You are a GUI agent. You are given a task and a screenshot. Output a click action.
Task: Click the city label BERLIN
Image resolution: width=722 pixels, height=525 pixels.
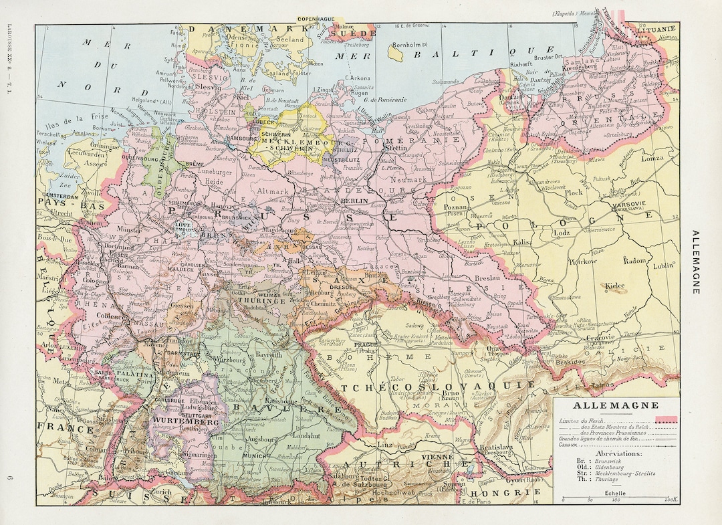click(x=350, y=201)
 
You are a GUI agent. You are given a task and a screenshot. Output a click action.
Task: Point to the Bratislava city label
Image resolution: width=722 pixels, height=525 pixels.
click(x=498, y=447)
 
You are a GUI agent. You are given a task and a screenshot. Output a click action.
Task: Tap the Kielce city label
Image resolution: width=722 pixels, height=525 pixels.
click(x=614, y=286)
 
